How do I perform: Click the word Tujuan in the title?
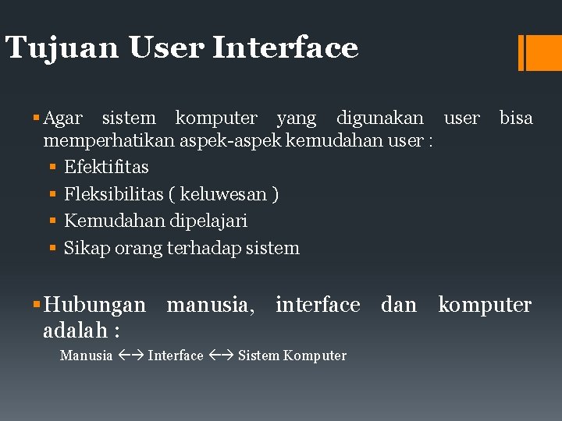(x=61, y=48)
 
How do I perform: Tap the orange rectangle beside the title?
(x=543, y=52)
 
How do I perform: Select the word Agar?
(x=62, y=119)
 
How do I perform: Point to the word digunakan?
(x=379, y=119)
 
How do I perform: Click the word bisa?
(x=516, y=119)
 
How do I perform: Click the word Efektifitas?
(x=106, y=167)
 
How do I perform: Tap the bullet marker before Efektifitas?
(x=51, y=168)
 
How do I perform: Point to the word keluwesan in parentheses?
(x=224, y=194)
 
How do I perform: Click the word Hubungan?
(x=94, y=304)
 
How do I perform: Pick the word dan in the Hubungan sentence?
(x=399, y=304)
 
